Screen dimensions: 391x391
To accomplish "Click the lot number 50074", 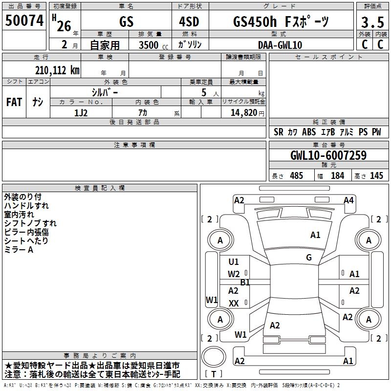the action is pos(24,21).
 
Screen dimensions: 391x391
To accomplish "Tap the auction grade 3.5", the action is pos(372,22).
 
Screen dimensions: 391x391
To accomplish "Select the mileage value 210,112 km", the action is pos(57,70).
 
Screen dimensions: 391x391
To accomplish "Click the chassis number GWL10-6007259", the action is pos(328,155).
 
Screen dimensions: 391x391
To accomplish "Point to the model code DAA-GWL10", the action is pos(280,45).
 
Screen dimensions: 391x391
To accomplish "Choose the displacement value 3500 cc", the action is pos(153,45).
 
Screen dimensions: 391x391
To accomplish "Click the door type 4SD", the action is pos(189,22).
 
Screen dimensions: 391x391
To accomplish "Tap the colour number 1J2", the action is pos(81,113).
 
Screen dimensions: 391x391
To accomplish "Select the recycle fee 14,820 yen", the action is pos(247,113).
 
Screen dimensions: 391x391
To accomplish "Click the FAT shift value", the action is pos(14,102).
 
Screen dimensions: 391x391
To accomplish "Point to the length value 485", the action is pos(296,175).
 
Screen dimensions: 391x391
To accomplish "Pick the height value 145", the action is pos(376,175).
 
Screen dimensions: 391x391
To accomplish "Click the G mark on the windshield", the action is pos(309,257).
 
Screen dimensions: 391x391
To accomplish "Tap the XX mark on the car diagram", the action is pos(234,303).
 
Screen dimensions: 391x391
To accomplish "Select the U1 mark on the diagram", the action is pos(234,261).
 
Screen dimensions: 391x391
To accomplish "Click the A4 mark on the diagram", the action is pos(348,200).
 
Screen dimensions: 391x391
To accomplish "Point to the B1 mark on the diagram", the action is pos(245,282).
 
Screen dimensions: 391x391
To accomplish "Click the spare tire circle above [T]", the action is pos(214,357).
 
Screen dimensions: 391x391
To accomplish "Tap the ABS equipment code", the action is pos(309,132).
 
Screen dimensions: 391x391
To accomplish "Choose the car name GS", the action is pos(126,22).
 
